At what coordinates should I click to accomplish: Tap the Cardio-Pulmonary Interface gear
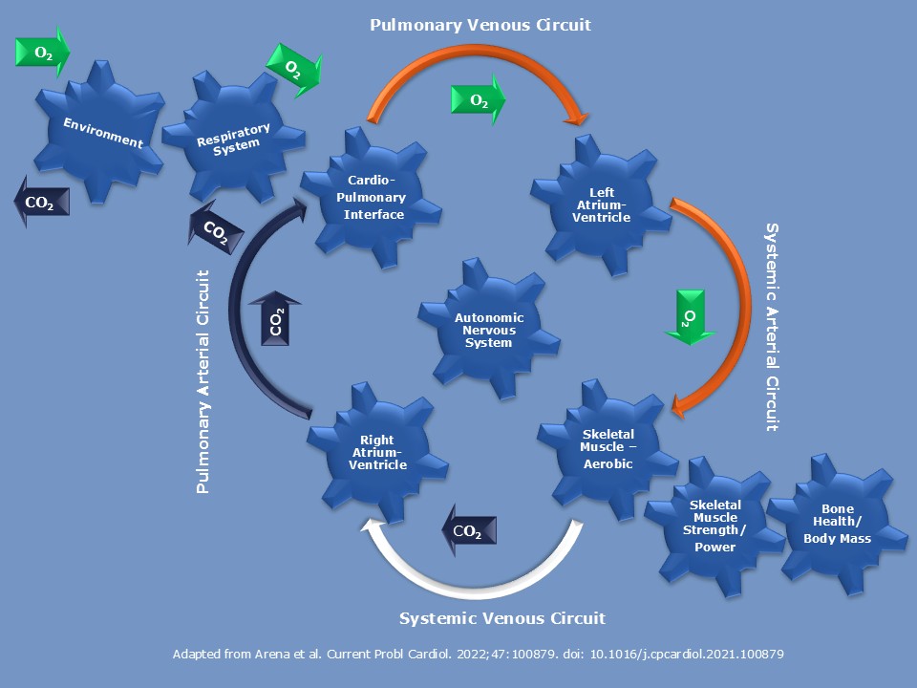click(x=374, y=198)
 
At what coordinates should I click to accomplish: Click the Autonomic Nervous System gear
click(x=488, y=330)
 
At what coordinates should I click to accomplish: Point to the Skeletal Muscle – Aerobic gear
click(x=608, y=448)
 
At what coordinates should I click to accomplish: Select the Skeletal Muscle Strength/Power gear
click(x=715, y=526)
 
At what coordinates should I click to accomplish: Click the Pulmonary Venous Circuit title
click(x=480, y=25)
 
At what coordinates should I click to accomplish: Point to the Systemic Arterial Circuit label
click(x=774, y=328)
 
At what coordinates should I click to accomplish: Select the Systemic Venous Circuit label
click(x=501, y=618)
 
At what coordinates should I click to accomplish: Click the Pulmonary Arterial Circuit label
click(x=203, y=381)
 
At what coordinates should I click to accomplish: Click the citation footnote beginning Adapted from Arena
click(x=479, y=655)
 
